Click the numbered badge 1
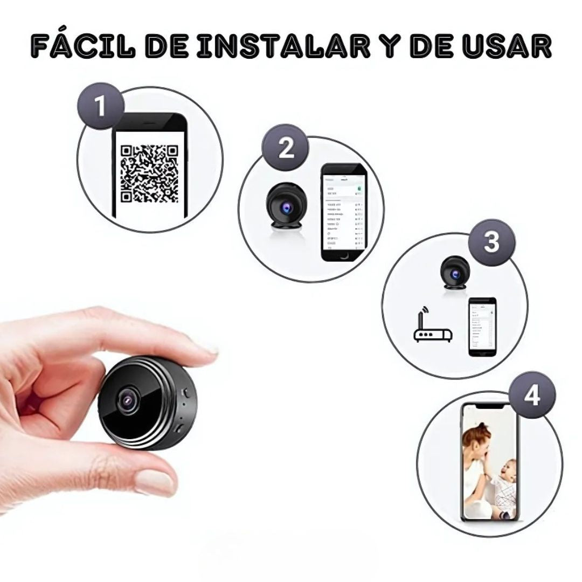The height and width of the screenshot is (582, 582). pos(101,107)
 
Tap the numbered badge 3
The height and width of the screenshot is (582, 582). pos(491,242)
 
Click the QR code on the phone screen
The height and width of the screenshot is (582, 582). pos(149,174)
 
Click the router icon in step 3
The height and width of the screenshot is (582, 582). pos(432,334)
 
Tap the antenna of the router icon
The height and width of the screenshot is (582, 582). pos(425,315)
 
